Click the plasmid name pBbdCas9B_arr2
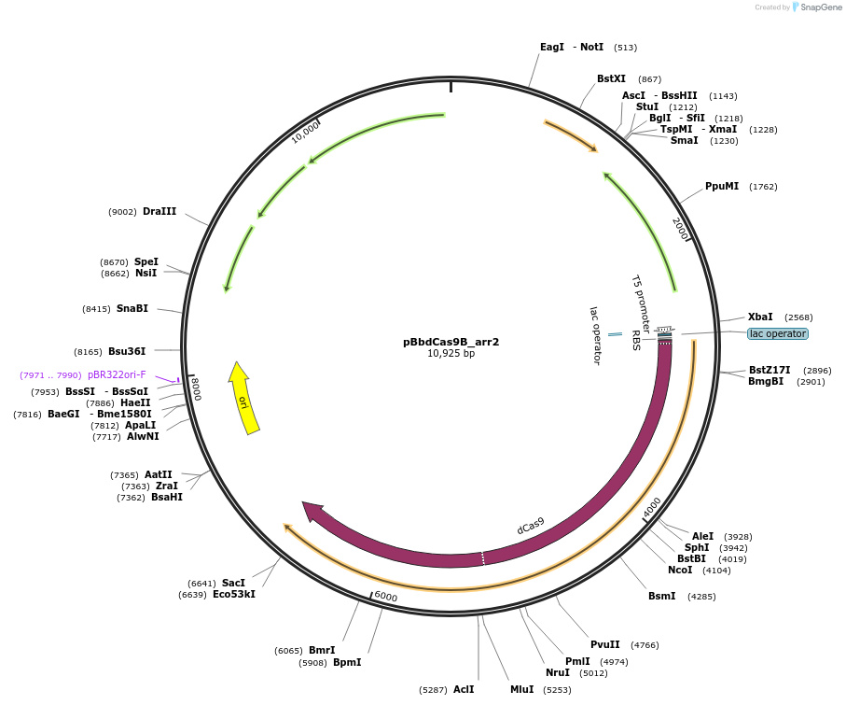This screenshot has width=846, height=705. coord(451,342)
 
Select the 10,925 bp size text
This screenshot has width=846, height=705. coord(451,354)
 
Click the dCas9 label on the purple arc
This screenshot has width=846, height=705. coord(531,526)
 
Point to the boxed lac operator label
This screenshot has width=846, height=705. coord(777,333)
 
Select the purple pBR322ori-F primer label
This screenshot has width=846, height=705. coord(117,374)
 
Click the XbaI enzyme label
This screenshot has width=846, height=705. coord(760,317)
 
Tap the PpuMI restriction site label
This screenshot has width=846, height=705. coord(722,186)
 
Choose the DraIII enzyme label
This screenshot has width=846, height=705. coord(159,211)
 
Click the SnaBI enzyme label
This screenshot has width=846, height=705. coord(132,308)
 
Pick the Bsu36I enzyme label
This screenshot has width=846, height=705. coord(127,351)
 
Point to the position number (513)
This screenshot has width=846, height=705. coord(625,48)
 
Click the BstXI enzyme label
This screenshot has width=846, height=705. coord(611,78)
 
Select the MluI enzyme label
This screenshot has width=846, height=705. coord(521,689)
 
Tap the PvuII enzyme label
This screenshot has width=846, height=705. coord(605,644)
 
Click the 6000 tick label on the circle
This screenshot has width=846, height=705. coord(385,597)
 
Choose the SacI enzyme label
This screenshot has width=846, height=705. coord(233,583)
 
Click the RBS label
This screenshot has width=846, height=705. coord(635,339)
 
